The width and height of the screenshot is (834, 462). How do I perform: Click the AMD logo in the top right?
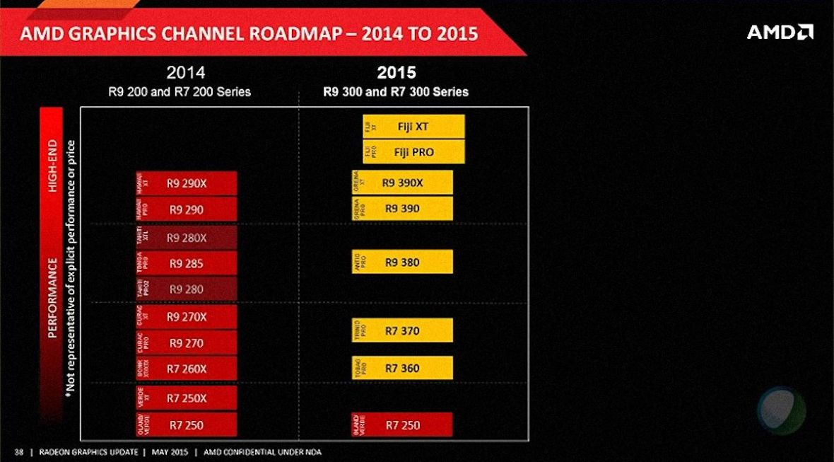point(780,32)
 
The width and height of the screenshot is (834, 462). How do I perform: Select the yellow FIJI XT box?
point(413,127)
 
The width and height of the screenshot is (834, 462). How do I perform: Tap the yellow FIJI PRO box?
point(413,152)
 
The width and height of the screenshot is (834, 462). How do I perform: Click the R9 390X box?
point(402,183)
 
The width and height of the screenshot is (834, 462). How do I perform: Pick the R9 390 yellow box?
point(402,209)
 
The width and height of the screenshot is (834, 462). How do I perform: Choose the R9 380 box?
point(402,262)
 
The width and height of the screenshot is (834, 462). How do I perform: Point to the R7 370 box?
point(402,330)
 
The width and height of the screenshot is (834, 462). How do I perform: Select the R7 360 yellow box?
point(402,368)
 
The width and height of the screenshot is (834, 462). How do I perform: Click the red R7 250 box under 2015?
point(402,425)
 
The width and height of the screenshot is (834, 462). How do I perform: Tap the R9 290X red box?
point(187,183)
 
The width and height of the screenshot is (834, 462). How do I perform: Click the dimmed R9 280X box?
point(187,238)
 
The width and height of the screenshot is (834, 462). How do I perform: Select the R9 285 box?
point(187,264)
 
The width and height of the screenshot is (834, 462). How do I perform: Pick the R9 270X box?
point(187,317)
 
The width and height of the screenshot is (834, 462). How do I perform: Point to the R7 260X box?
point(187,369)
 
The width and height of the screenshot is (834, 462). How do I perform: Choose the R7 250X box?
point(187,398)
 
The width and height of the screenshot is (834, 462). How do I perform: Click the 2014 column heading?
point(186,72)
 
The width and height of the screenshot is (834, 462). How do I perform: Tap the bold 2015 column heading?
point(397,72)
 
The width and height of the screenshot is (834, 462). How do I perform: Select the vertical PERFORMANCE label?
point(52,297)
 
